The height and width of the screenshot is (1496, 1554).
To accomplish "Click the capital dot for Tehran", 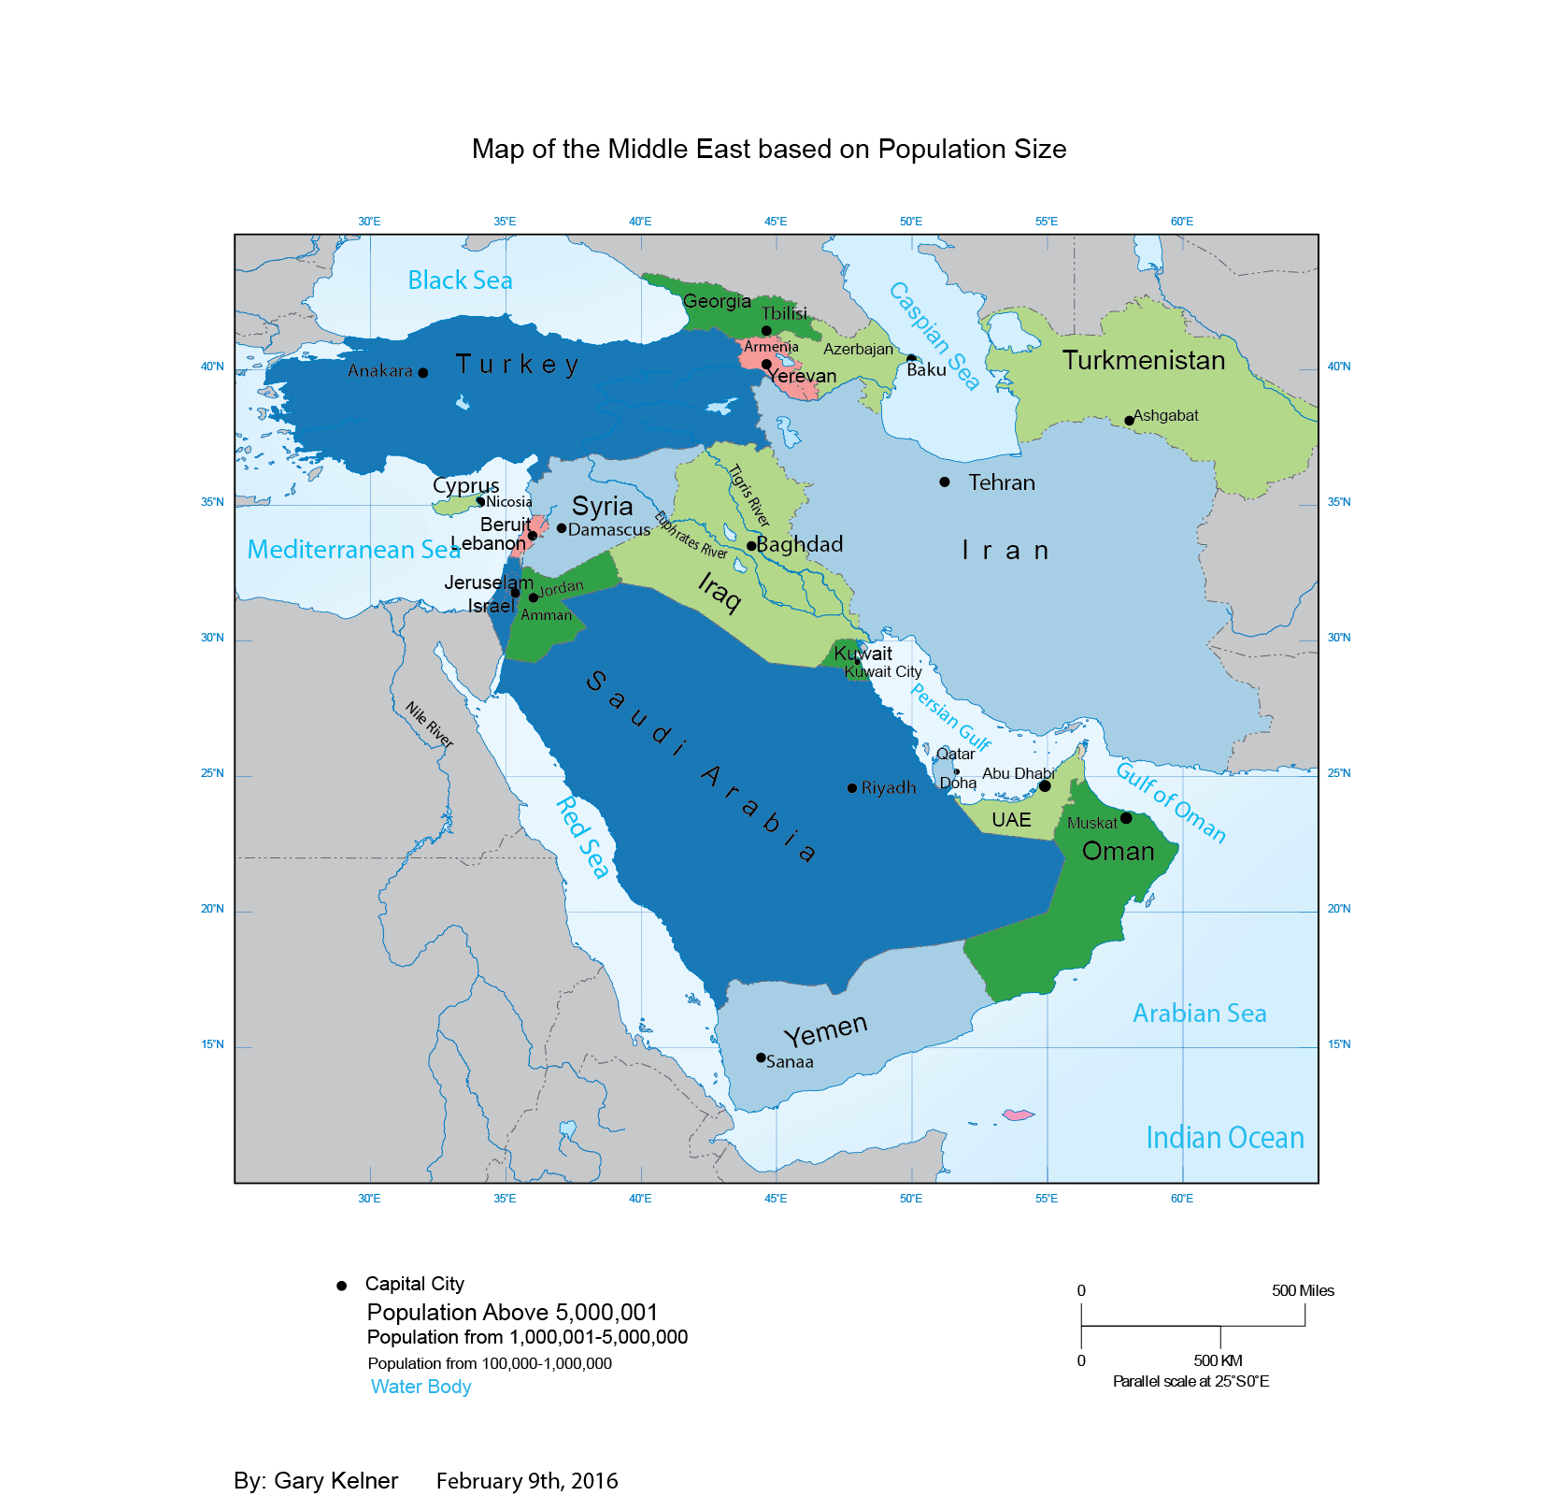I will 945,482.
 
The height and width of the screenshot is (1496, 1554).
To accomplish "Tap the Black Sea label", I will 460,280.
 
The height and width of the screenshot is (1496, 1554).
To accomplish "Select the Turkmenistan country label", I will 1143,361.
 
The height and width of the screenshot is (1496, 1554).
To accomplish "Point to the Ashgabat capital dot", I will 1129,421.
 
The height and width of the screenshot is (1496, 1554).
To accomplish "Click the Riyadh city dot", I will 852,788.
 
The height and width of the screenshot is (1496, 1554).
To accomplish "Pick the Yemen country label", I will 826,1030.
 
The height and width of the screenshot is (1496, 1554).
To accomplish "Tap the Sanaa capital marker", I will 761,1057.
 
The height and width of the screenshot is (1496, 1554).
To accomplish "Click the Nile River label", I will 429,725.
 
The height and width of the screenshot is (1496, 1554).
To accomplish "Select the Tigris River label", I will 749,496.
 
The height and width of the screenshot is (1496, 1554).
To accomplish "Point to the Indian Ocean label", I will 1224,1138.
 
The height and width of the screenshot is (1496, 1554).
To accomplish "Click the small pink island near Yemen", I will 1018,1115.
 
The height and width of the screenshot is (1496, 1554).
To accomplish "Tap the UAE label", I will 1011,820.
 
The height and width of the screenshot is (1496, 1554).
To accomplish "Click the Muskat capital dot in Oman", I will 1126,818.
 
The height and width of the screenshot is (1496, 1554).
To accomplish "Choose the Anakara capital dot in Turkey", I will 422,373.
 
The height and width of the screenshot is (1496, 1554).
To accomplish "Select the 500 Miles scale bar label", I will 1303,1290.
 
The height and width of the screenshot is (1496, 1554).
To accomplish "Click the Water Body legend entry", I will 421,1387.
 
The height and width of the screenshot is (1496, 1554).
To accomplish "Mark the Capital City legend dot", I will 342,1286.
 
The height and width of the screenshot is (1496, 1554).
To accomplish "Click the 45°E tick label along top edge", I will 776,222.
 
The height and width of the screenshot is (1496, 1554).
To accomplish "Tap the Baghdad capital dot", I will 750,546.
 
